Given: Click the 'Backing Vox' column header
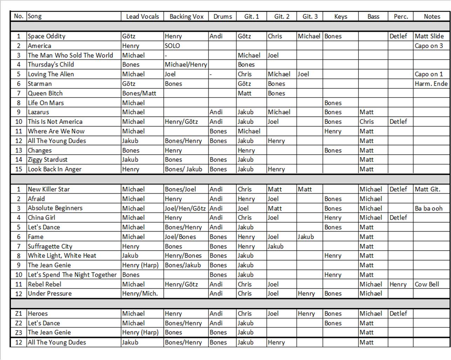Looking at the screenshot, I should pyautogui.click(x=186, y=16).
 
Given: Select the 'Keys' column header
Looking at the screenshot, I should pyautogui.click(x=341, y=16).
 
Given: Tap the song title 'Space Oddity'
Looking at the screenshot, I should pyautogui.click(x=47, y=36).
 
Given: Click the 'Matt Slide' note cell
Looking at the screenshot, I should pyautogui.click(x=429, y=36).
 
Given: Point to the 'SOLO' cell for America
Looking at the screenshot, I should pyautogui.click(x=172, y=46).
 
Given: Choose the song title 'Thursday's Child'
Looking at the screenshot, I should pyautogui.click(x=51, y=65).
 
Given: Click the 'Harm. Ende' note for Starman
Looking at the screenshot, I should pyautogui.click(x=431, y=84).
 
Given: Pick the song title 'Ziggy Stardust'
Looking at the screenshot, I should pyautogui.click(x=48, y=160).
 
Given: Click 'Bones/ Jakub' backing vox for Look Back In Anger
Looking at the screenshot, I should pyautogui.click(x=183, y=169).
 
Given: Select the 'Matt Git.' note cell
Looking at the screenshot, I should pyautogui.click(x=428, y=189).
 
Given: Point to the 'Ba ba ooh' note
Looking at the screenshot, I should pyautogui.click(x=429, y=208).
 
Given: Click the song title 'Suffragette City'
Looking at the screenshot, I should pyautogui.click(x=50, y=246).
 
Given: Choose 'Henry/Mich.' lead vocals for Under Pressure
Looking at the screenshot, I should pyautogui.click(x=140, y=294).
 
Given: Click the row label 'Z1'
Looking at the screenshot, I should pyautogui.click(x=19, y=314).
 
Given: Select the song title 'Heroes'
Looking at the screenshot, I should pyautogui.click(x=38, y=314).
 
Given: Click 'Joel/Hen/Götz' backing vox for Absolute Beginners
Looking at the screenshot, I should pyautogui.click(x=185, y=208).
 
